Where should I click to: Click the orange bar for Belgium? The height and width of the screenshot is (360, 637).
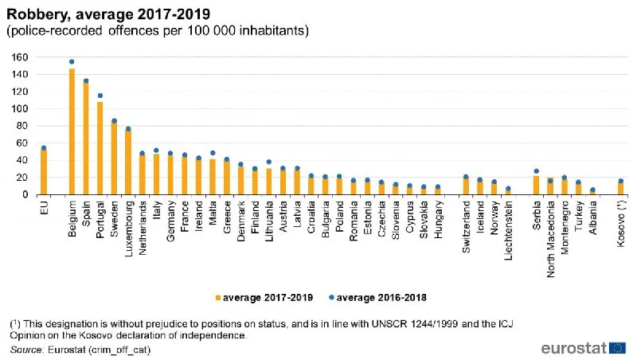click(72, 131)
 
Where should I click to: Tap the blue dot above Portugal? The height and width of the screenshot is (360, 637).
click(100, 96)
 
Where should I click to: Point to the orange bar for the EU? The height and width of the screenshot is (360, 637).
click(44, 172)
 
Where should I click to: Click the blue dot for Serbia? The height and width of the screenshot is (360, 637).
click(537, 170)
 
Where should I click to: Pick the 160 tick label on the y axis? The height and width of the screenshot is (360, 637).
click(20, 57)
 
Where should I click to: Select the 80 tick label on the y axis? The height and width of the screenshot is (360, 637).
click(22, 126)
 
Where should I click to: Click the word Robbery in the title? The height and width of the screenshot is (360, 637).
click(33, 14)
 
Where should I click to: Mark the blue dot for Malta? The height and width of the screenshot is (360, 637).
click(213, 153)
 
